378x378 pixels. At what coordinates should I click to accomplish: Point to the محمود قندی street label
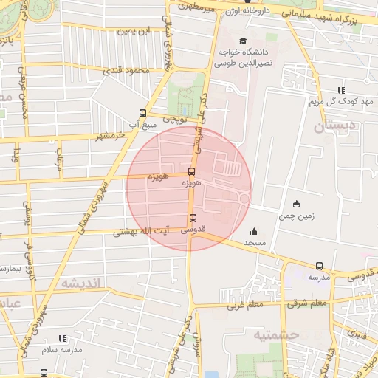(x=127, y=71)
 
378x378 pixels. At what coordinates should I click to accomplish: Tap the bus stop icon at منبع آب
(x=142, y=114)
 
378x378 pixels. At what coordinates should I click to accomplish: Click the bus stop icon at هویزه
(x=192, y=172)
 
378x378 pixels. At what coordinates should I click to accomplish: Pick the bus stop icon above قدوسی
(x=193, y=219)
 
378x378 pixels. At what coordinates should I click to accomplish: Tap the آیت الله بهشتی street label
(x=142, y=232)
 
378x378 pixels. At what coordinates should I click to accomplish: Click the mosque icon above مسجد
(x=255, y=231)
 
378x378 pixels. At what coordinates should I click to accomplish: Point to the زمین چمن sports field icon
(x=296, y=205)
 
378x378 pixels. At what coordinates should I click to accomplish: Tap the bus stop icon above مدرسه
(x=319, y=266)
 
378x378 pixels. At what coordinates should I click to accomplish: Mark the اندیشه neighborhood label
(x=80, y=283)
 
